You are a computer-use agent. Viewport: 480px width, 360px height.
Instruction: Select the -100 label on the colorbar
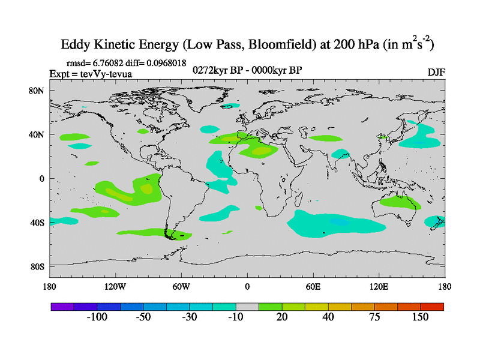tap(97, 317)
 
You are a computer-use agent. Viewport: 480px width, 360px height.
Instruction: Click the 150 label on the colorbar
tap(420, 317)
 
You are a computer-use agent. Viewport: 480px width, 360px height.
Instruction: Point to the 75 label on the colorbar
tap(374, 317)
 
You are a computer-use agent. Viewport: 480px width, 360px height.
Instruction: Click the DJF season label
tap(436, 72)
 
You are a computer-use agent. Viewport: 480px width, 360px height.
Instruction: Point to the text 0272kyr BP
tap(217, 70)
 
